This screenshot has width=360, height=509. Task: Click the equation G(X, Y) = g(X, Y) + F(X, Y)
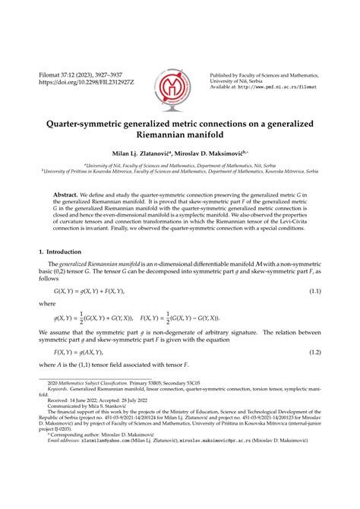91,292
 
